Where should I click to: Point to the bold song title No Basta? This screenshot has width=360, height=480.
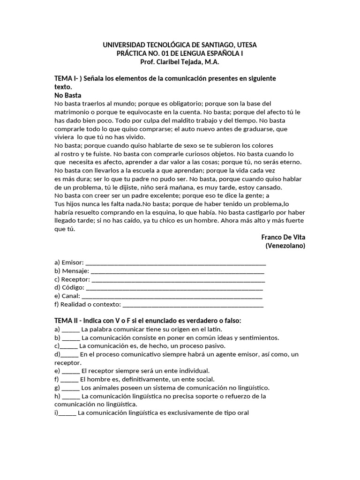[68, 95]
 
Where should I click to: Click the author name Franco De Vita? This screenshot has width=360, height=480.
[283, 237]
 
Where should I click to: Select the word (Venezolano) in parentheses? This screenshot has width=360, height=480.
[285, 246]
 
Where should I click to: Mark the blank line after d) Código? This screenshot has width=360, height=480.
[175, 287]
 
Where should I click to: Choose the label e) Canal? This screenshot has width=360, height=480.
[67, 296]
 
